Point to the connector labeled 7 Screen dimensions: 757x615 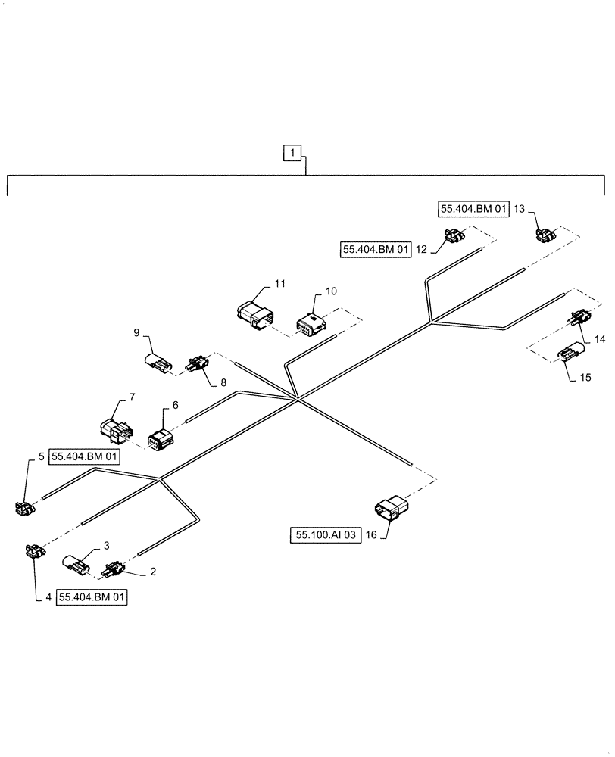(114, 430)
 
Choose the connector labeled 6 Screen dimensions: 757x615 (161, 439)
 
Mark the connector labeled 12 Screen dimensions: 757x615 (454, 238)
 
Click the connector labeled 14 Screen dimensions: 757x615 (580, 319)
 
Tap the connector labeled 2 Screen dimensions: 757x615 (116, 568)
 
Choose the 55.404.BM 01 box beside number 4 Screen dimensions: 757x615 (91, 597)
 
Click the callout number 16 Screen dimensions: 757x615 (372, 536)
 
